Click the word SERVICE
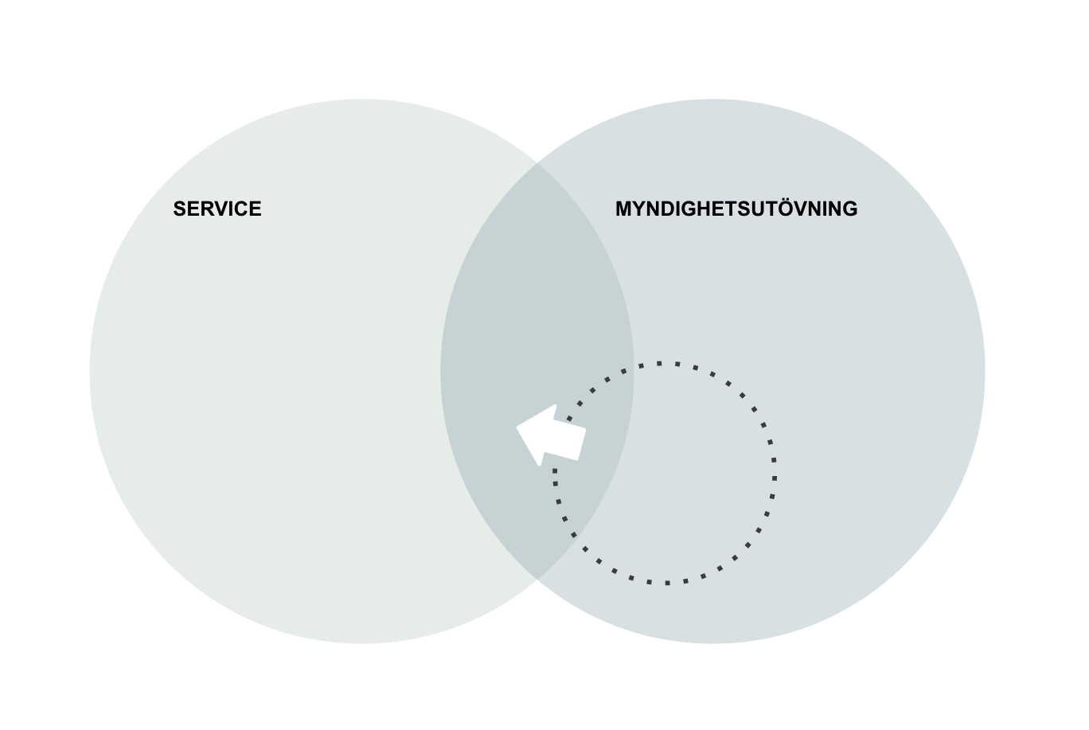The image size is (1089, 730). click(x=217, y=209)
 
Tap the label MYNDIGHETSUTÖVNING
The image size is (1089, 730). click(x=736, y=209)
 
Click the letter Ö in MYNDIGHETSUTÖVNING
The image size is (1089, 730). click(x=772, y=208)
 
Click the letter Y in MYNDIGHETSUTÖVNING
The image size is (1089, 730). click(x=638, y=209)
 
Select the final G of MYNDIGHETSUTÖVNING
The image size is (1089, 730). click(x=849, y=209)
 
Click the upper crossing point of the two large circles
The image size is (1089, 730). click(x=537, y=163)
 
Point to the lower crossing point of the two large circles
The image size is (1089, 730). click(x=537, y=579)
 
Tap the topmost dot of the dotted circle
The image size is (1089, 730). click(x=661, y=363)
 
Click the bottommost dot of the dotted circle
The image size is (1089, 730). click(x=667, y=583)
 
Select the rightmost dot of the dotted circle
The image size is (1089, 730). click(x=775, y=478)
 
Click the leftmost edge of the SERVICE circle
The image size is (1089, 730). click(x=90, y=371)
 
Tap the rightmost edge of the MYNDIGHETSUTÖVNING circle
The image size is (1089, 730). click(x=985, y=371)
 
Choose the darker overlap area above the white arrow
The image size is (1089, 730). click(x=537, y=303)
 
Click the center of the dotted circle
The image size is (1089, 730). click(x=664, y=473)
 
